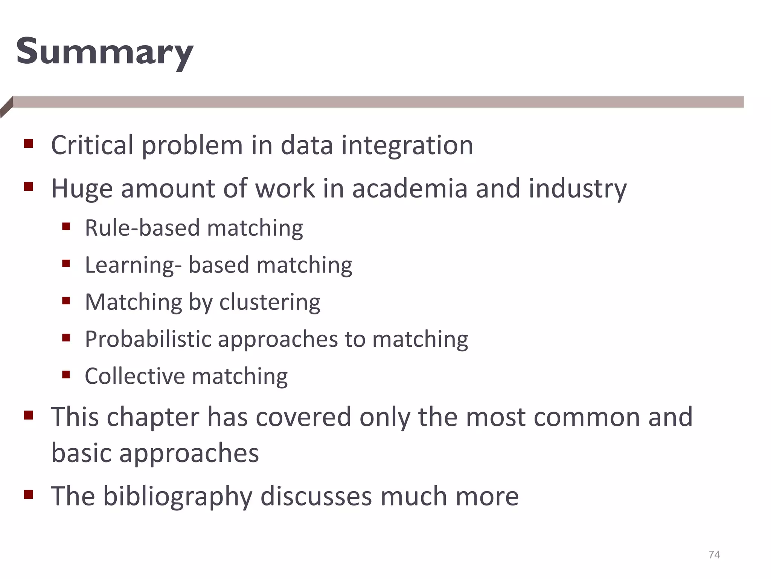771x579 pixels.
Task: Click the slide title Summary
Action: coord(105,52)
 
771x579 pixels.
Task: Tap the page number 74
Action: coord(714,554)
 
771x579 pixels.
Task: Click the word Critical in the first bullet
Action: coord(92,145)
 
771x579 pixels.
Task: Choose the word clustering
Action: coord(270,302)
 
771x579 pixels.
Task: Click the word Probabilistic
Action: coord(148,339)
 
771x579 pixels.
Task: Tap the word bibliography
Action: coord(178,496)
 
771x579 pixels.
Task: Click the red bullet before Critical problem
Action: coord(29,144)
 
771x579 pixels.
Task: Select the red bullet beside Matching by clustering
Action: coord(66,300)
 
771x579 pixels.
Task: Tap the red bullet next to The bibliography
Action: coord(29,494)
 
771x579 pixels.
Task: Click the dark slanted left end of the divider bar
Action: coord(7,107)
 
